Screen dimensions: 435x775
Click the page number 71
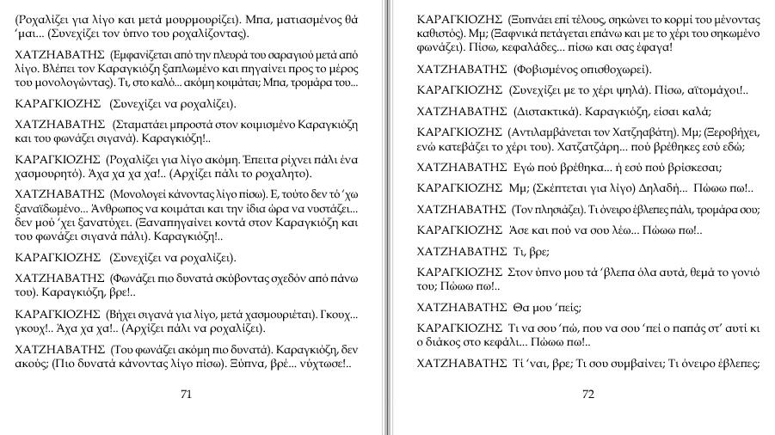pyautogui.click(x=186, y=395)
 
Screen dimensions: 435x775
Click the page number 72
pyautogui.click(x=588, y=395)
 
